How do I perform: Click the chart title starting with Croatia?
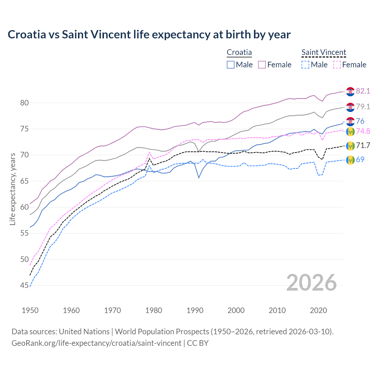(149, 35)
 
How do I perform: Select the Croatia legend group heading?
(239, 52)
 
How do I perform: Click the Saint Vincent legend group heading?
(324, 52)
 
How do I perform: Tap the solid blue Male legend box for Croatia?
(231, 65)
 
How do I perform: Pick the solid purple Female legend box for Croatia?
(262, 65)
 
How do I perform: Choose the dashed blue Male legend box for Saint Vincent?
(305, 65)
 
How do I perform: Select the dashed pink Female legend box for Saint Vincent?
(337, 65)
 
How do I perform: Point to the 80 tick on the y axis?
(25, 103)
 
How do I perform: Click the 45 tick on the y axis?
(25, 285)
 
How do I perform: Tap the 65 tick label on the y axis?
(25, 181)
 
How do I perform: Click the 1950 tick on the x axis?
(30, 310)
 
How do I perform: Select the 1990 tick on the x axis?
(195, 310)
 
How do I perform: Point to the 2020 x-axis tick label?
(318, 310)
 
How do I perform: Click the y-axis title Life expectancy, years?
(12, 189)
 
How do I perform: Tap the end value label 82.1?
(363, 91)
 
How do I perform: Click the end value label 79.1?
(363, 107)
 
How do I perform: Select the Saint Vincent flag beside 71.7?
(350, 145)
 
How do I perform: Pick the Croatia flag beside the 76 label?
(350, 121)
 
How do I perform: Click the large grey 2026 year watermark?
(312, 283)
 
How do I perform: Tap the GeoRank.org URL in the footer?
(96, 343)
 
